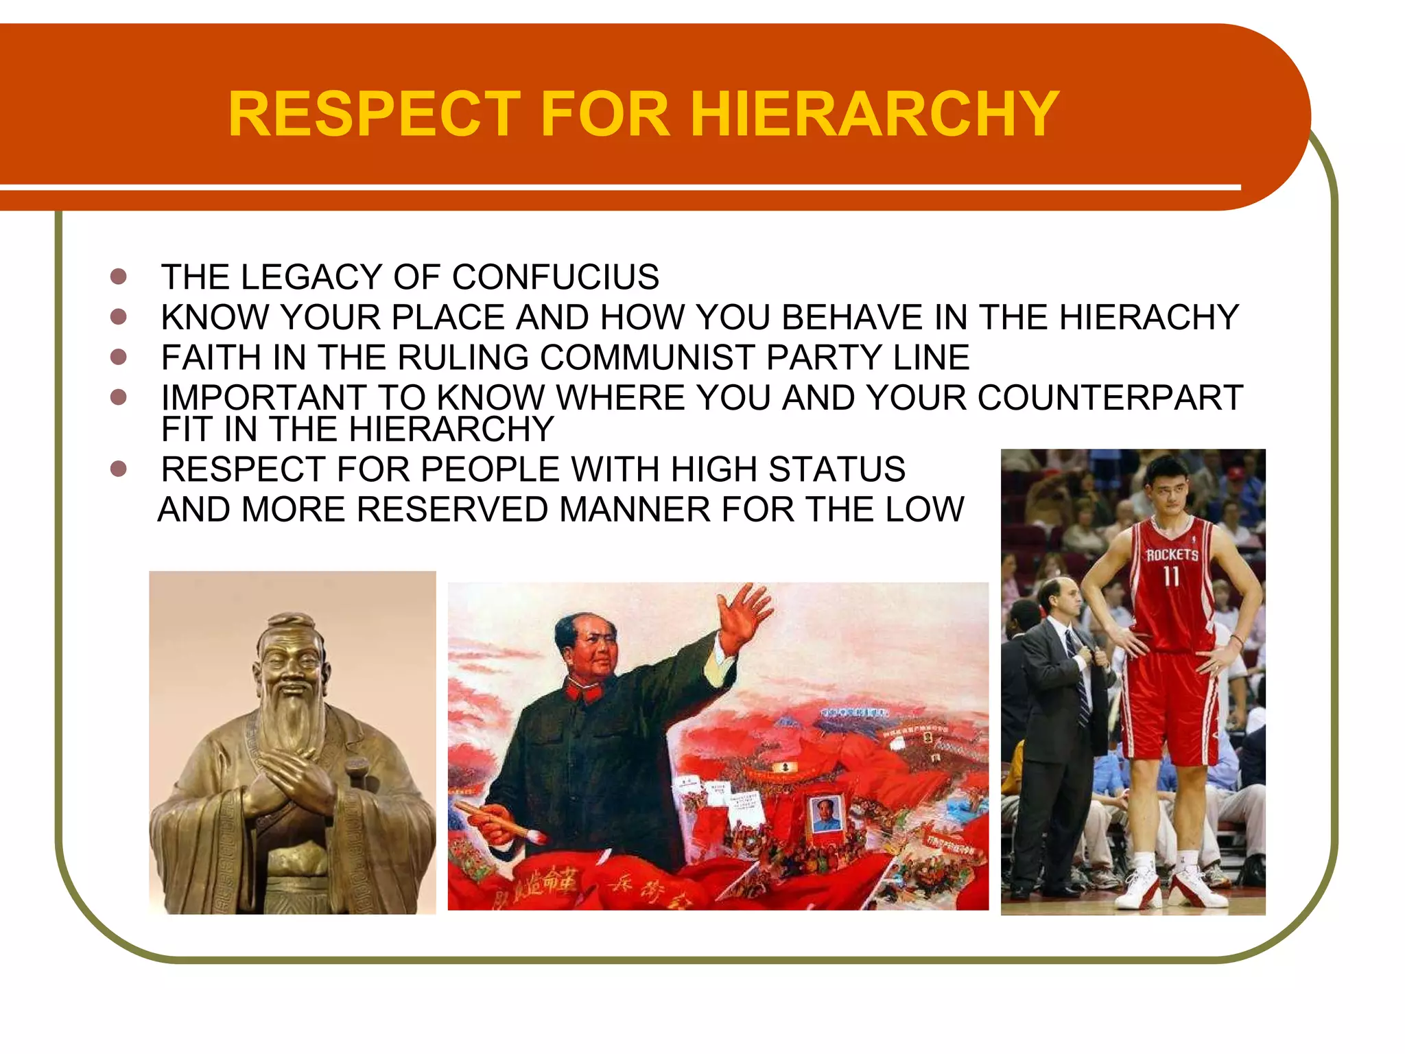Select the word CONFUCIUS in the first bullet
(555, 277)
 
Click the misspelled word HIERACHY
(1148, 317)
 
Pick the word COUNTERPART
(1109, 398)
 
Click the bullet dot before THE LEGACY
(119, 277)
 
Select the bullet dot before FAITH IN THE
(119, 357)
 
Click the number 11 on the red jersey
(1171, 576)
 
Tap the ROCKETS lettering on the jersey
(1172, 554)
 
